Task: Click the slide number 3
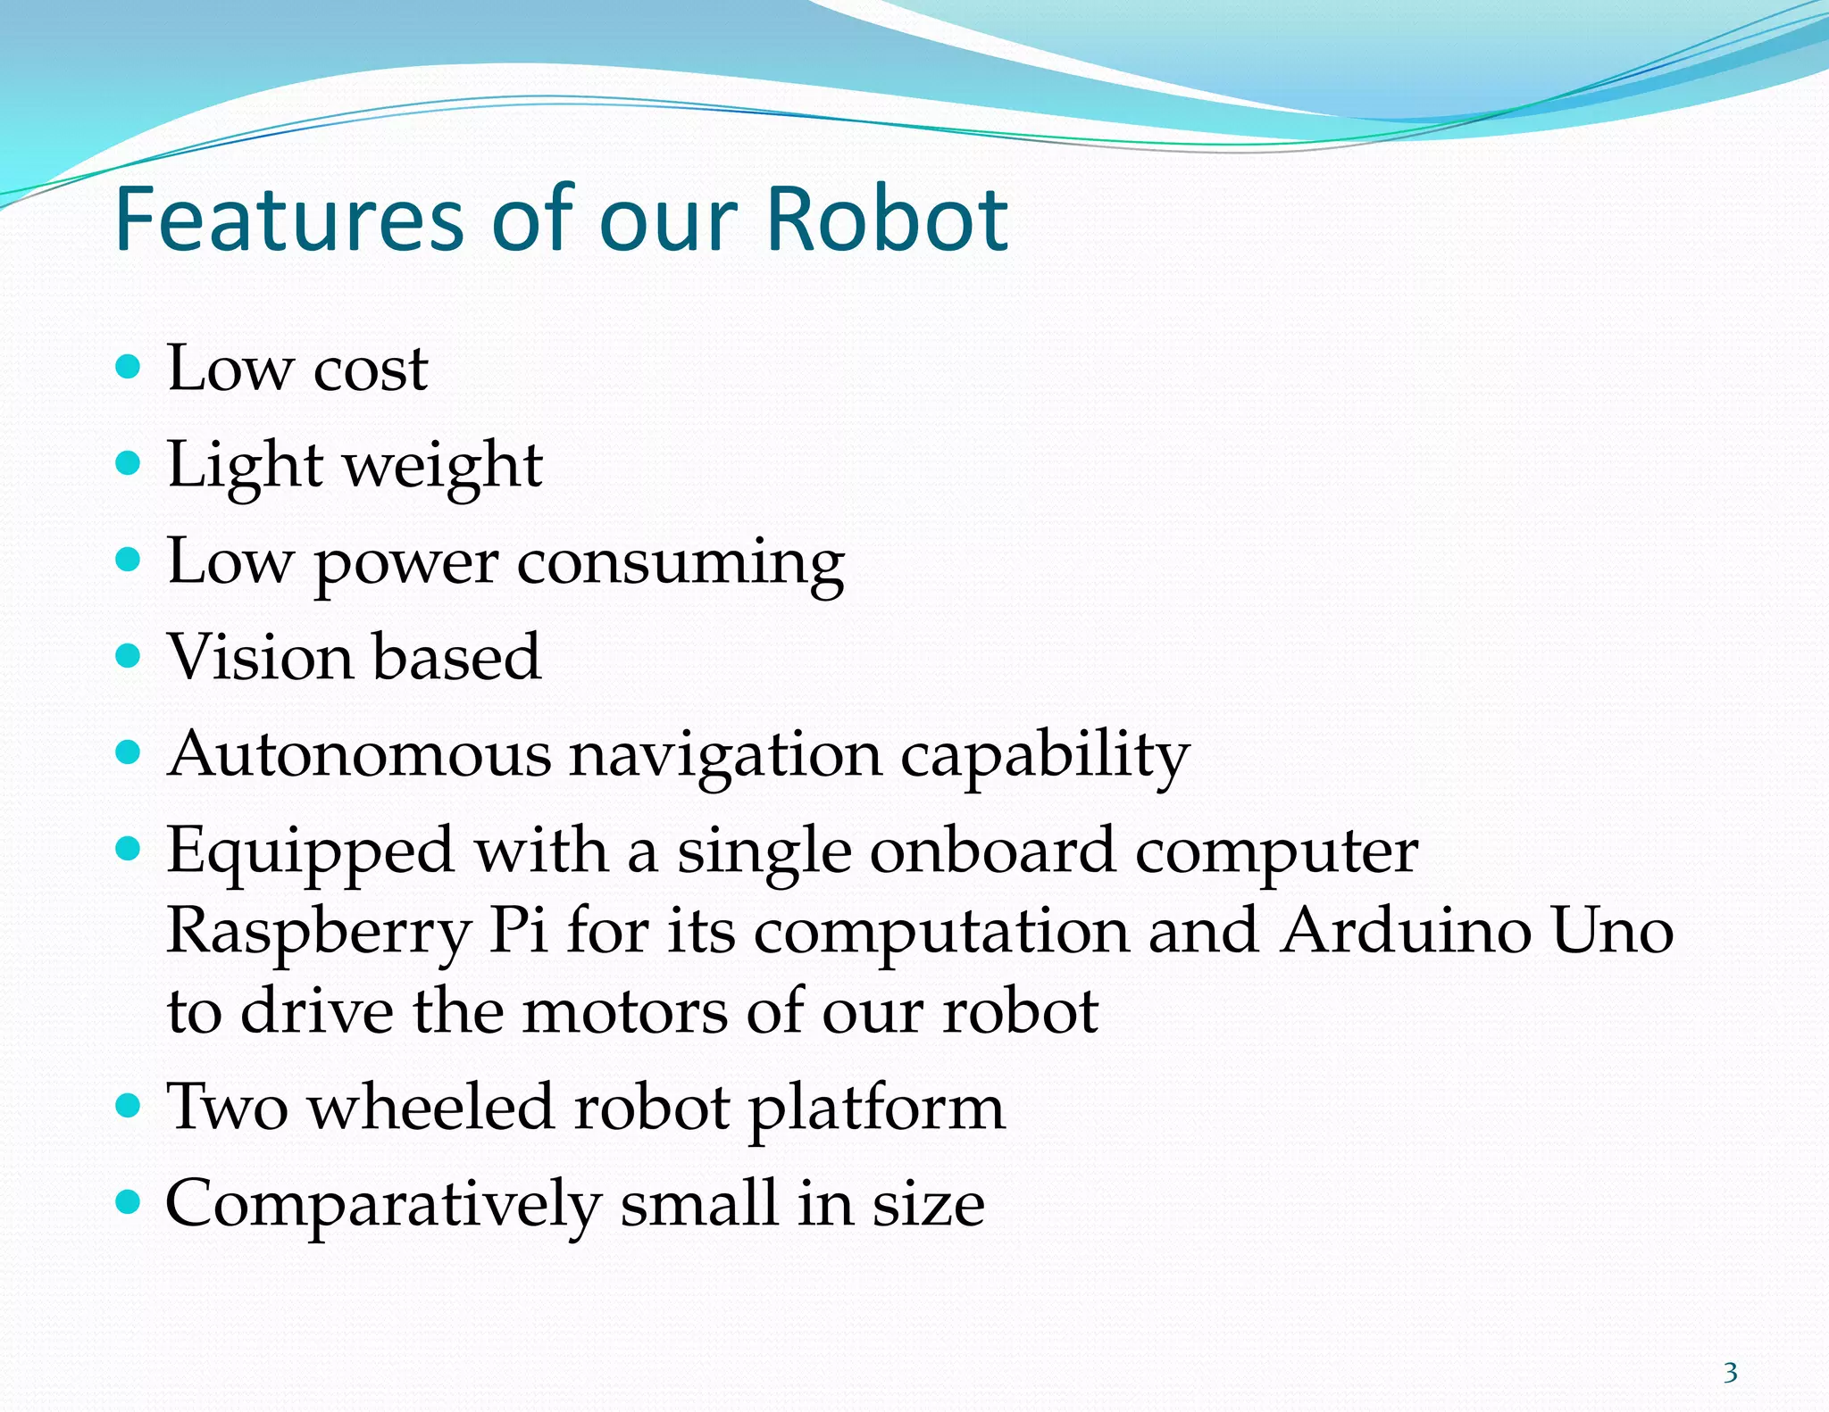pyautogui.click(x=1730, y=1372)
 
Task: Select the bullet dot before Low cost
pyautogui.click(x=129, y=366)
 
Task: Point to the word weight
pyautogui.click(x=443, y=467)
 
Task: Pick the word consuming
pyautogui.click(x=681, y=564)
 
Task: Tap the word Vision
pyautogui.click(x=260, y=658)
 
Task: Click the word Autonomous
pyautogui.click(x=359, y=755)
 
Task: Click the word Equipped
pyautogui.click(x=310, y=852)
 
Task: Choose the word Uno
pyautogui.click(x=1612, y=931)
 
